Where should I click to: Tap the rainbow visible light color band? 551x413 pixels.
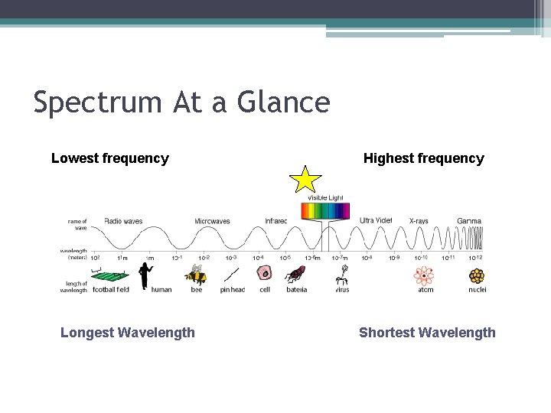326,211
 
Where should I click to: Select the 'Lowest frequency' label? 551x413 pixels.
109,158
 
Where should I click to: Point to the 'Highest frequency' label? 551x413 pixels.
423,158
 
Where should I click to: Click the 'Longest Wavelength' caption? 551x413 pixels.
127,333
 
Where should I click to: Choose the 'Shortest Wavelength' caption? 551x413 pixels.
427,333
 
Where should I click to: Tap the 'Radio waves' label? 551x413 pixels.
123,221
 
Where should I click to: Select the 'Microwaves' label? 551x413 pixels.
212,221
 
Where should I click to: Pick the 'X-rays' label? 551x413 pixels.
419,221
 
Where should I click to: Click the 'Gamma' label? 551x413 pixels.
469,221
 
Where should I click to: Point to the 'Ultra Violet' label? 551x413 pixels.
376,220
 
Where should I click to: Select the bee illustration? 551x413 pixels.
197,275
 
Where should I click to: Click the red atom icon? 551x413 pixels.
423,275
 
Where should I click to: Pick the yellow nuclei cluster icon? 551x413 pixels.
478,275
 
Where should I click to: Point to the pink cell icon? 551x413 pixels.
265,273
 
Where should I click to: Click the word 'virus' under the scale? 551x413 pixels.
342,290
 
